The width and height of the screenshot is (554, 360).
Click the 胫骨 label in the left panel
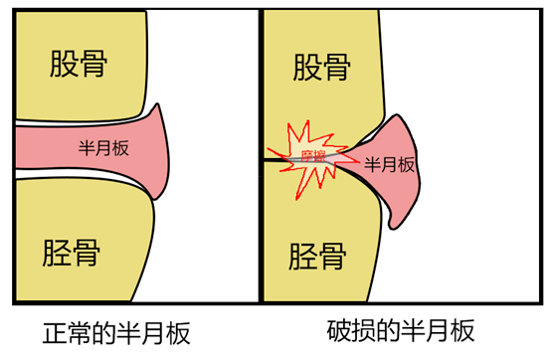tap(72, 249)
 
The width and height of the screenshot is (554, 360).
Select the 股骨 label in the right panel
tap(322, 69)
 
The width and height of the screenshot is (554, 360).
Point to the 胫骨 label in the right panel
tap(318, 257)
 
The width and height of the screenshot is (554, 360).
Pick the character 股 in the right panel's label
tap(306, 69)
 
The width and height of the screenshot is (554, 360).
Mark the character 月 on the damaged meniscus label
tap(390, 165)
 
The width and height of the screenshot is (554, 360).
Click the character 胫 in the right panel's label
tap(302, 257)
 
